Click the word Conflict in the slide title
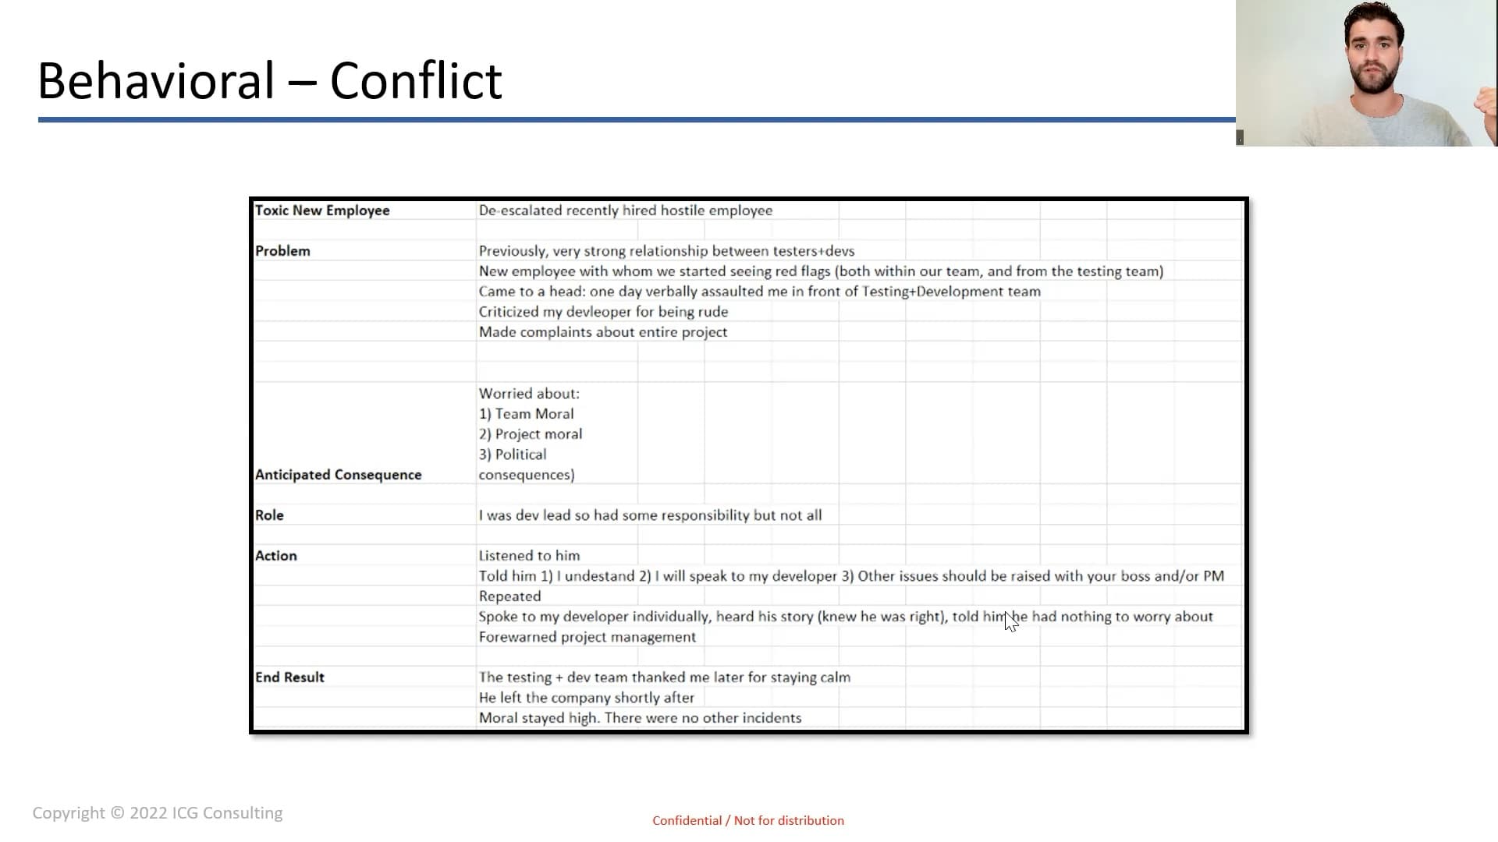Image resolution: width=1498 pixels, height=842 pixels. pyautogui.click(x=416, y=80)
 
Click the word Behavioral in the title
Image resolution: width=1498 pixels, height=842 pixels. pyautogui.click(x=156, y=80)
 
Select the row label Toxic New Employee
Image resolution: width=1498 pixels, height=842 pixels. pyautogui.click(x=322, y=210)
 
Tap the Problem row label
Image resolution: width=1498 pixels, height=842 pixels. pyautogui.click(x=282, y=251)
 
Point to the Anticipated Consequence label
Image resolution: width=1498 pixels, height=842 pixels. pyautogui.click(x=338, y=475)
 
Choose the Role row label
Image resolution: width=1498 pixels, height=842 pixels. pyautogui.click(x=269, y=515)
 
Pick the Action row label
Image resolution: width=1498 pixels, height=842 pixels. pyautogui.click(x=275, y=556)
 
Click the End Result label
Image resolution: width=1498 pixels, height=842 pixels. pyautogui.click(x=289, y=677)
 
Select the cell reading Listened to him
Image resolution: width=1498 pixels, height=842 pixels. pyautogui.click(x=529, y=556)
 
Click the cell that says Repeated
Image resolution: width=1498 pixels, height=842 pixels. pyautogui.click(x=509, y=596)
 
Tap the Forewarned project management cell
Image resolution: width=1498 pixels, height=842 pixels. pyautogui.click(x=587, y=637)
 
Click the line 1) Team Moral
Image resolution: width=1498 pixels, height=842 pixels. pyautogui.click(x=526, y=414)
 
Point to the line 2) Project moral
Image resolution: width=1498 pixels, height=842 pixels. pyautogui.click(x=531, y=434)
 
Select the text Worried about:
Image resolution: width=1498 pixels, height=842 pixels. pyautogui.click(x=529, y=394)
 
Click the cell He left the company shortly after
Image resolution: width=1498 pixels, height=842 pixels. pyautogui.click(x=586, y=698)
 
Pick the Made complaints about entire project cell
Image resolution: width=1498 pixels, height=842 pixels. pyautogui.click(x=602, y=332)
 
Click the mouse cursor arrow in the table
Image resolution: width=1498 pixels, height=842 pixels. pyautogui.click(x=1010, y=621)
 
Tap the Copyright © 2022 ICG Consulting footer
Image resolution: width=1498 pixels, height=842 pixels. pyautogui.click(x=158, y=813)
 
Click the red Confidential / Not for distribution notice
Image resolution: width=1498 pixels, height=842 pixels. pyautogui.click(x=748, y=821)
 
